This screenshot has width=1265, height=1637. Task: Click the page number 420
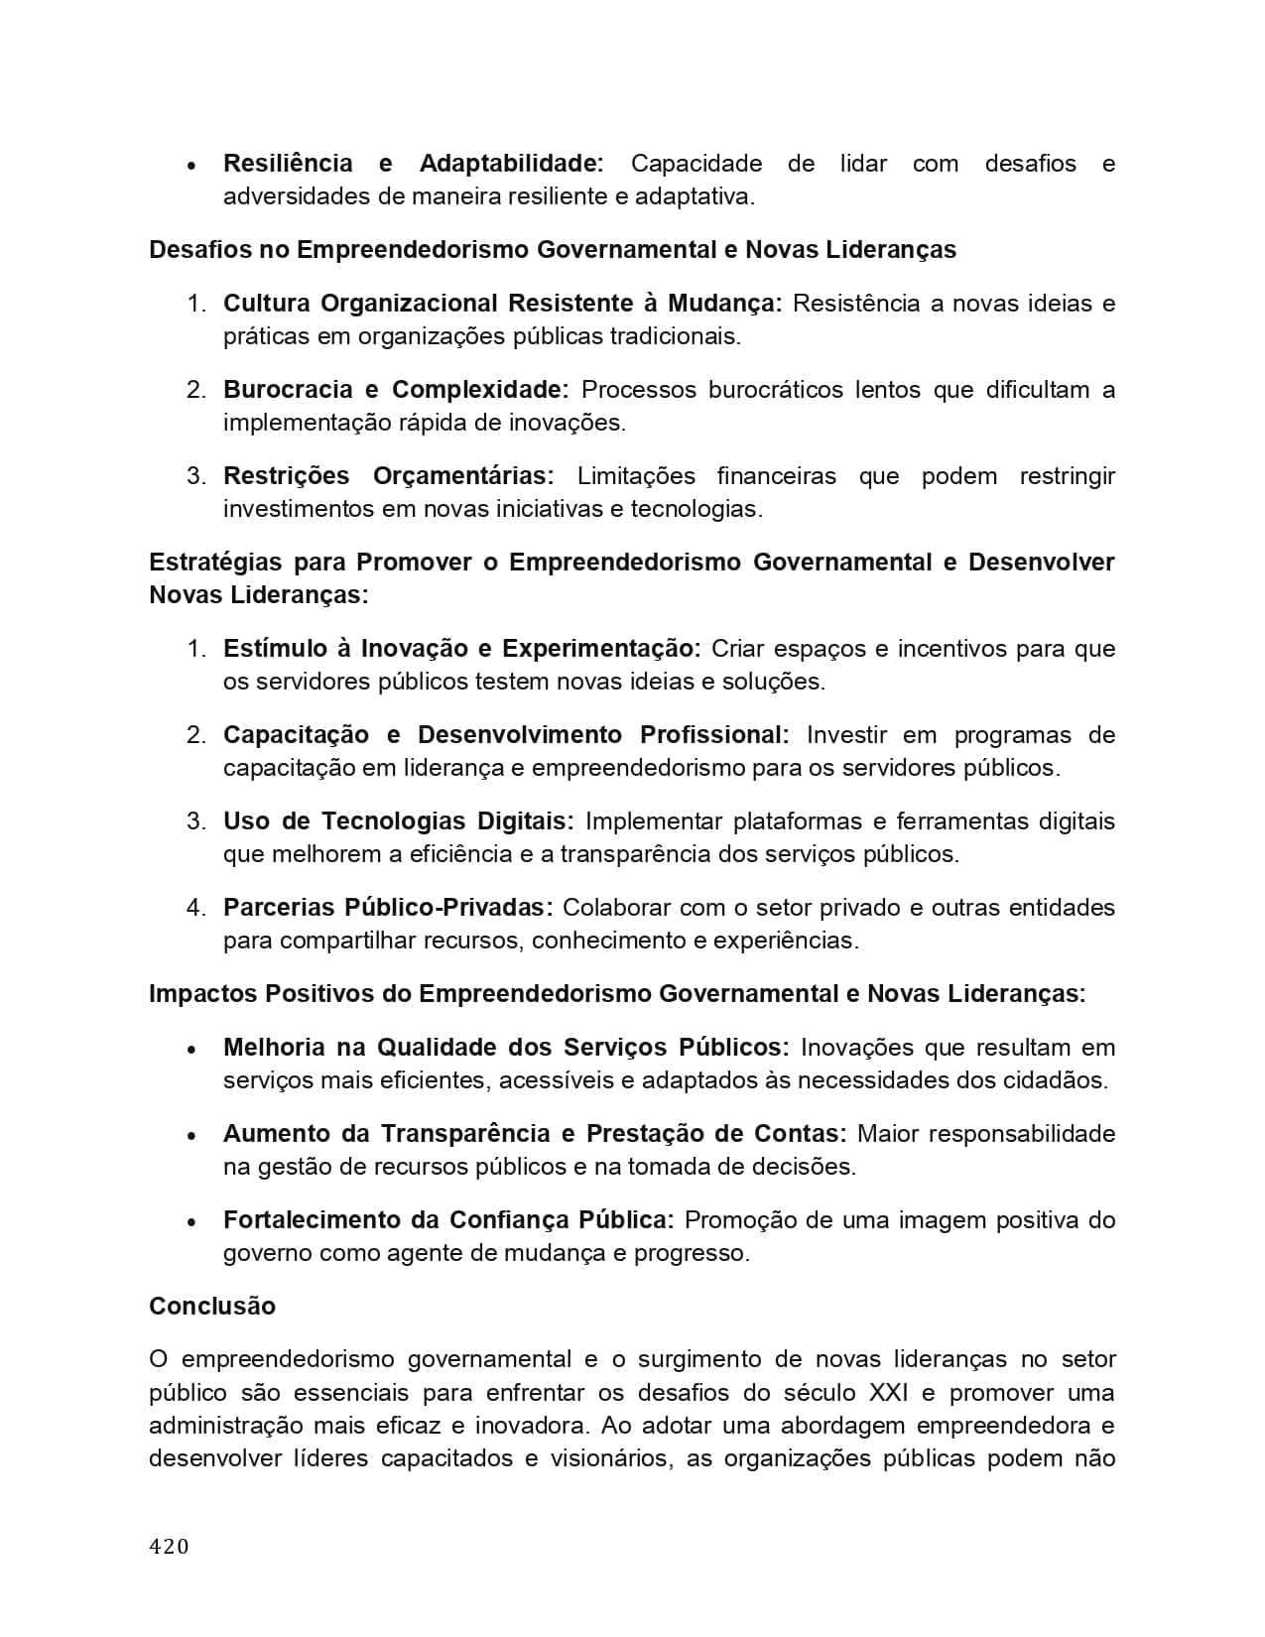tap(169, 1546)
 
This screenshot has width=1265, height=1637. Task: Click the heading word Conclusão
tap(212, 1306)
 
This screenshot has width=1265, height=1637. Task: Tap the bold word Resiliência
tap(288, 163)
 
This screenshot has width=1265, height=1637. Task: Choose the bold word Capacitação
tap(295, 734)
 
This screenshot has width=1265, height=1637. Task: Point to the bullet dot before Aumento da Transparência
tap(192, 1135)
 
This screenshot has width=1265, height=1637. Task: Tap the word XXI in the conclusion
tap(888, 1392)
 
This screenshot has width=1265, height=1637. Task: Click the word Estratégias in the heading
tap(214, 563)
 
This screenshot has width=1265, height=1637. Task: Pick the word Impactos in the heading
tap(198, 993)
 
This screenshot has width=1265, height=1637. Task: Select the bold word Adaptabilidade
tap(511, 163)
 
